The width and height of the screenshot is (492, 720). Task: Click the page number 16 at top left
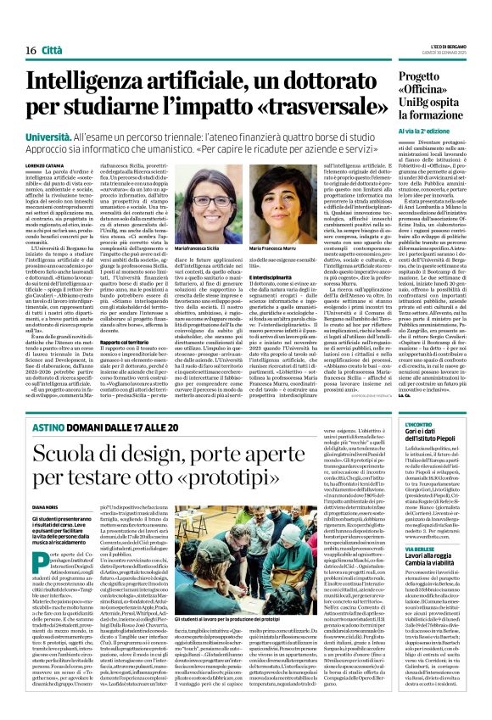pos(19,28)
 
